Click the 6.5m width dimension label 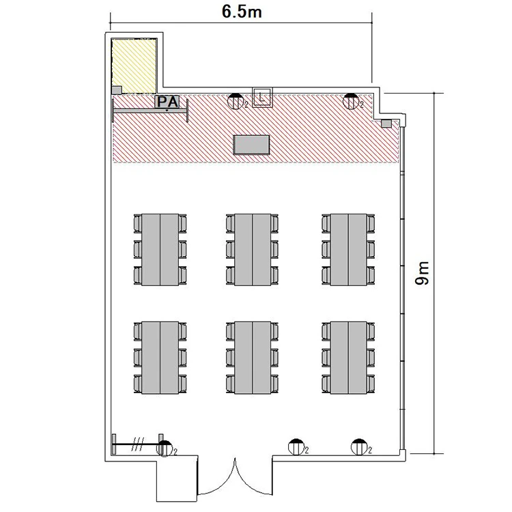pyautogui.click(x=242, y=12)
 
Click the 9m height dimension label pyautogui.click(x=422, y=273)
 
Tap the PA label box pyautogui.click(x=167, y=102)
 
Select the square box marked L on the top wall pyautogui.click(x=262, y=97)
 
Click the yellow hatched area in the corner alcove pyautogui.click(x=134, y=66)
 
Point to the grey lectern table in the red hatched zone pyautogui.click(x=251, y=144)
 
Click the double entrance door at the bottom pyautogui.click(x=235, y=481)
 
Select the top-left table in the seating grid pyautogui.click(x=160, y=250)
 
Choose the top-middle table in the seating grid pyautogui.click(x=253, y=250)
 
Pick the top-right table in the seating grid pyautogui.click(x=348, y=250)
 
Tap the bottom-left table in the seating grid pyautogui.click(x=160, y=358)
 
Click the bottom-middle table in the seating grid pyautogui.click(x=253, y=358)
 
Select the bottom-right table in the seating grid pyautogui.click(x=348, y=358)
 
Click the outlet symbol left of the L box pyautogui.click(x=236, y=101)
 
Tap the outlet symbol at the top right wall pyautogui.click(x=351, y=101)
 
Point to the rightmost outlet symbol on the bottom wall pyautogui.click(x=359, y=447)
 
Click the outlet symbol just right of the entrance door pyautogui.click(x=296, y=447)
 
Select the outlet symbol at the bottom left pyautogui.click(x=165, y=448)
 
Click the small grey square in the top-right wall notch pyautogui.click(x=386, y=124)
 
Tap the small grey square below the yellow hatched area pyautogui.click(x=117, y=90)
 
